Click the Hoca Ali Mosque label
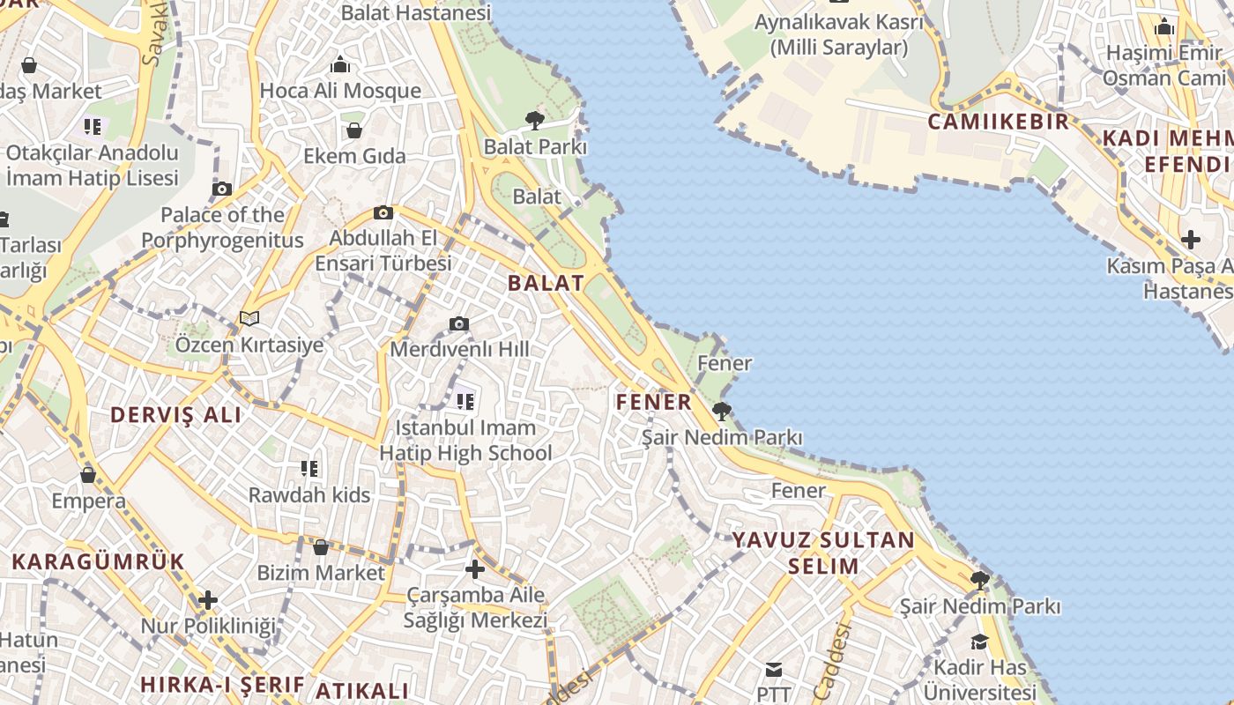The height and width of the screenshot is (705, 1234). (x=340, y=91)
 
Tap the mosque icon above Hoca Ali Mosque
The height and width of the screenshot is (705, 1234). (x=340, y=64)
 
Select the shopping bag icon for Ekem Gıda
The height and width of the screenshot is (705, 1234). (x=354, y=130)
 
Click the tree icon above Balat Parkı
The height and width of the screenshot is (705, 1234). (x=534, y=121)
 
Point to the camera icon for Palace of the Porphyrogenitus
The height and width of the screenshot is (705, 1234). (x=222, y=189)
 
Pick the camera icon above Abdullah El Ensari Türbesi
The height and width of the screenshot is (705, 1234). (x=383, y=212)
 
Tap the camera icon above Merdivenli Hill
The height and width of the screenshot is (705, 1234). (x=459, y=324)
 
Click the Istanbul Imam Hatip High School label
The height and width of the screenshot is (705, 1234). (x=465, y=441)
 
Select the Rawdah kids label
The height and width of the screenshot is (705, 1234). (x=309, y=495)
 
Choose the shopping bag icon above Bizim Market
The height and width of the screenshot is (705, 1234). (x=321, y=547)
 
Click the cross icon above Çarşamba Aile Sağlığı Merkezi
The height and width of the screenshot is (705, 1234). (x=475, y=569)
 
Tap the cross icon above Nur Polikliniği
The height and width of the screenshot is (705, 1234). (x=208, y=601)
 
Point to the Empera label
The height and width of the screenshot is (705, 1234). (x=88, y=501)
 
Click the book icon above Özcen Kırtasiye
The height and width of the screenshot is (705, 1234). (x=249, y=318)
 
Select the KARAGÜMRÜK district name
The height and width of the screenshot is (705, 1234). (x=98, y=561)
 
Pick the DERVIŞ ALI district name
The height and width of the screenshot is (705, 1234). (x=175, y=415)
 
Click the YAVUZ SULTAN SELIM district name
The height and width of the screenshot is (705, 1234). (x=823, y=553)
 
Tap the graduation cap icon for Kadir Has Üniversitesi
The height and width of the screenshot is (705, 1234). (x=979, y=642)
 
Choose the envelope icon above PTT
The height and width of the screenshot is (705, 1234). (x=774, y=670)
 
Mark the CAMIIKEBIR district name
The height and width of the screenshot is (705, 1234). (x=998, y=122)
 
